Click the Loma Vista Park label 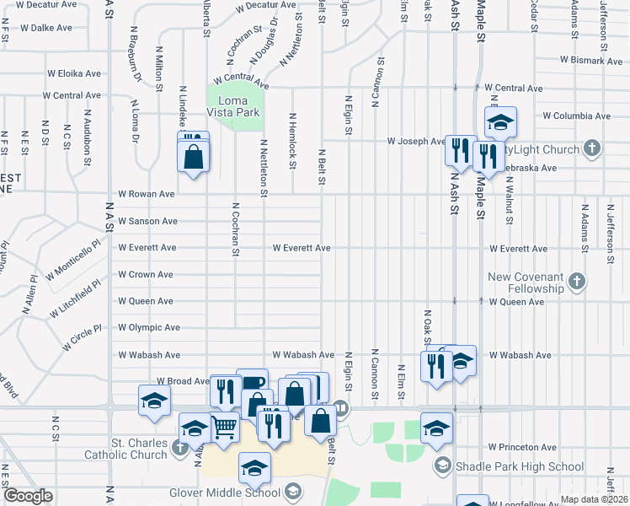pyautogui.click(x=233, y=106)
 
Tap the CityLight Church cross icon pyautogui.click(x=592, y=149)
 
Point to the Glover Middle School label pyautogui.click(x=237, y=493)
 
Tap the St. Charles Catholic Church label pyautogui.click(x=127, y=449)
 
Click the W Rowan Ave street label pyautogui.click(x=147, y=194)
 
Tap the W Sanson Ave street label pyautogui.click(x=147, y=221)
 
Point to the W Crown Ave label pyautogui.click(x=145, y=275)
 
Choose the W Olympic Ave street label pyautogui.click(x=148, y=327)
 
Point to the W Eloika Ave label pyautogui.click(x=75, y=73)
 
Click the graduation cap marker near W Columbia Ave pyautogui.click(x=500, y=123)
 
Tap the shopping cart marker pyautogui.click(x=223, y=428)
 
